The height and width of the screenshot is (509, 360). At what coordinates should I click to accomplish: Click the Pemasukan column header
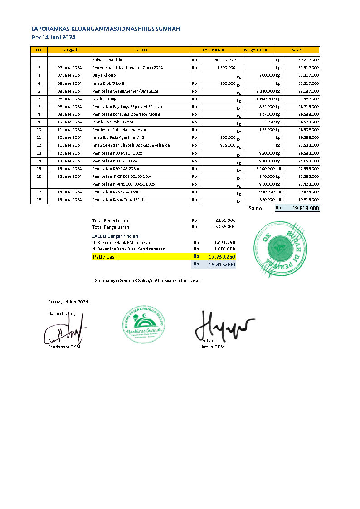(213, 50)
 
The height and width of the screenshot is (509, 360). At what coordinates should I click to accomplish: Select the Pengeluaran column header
(255, 50)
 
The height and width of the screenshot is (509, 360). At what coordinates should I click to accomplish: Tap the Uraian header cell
(141, 50)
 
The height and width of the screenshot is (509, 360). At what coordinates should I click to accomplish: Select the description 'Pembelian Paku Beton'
(113, 122)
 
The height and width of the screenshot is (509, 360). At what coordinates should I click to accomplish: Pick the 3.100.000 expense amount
(265, 169)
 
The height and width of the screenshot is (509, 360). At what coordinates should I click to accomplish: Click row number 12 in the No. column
(39, 145)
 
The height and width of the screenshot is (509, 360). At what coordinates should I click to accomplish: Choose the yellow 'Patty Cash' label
(105, 257)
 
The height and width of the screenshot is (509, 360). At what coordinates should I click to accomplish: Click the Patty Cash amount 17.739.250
(222, 257)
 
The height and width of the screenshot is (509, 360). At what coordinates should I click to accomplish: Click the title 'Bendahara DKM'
(64, 347)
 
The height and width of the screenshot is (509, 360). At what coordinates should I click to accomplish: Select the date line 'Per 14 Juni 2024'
(54, 38)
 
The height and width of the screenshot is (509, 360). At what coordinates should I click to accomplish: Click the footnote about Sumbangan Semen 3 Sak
(146, 281)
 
